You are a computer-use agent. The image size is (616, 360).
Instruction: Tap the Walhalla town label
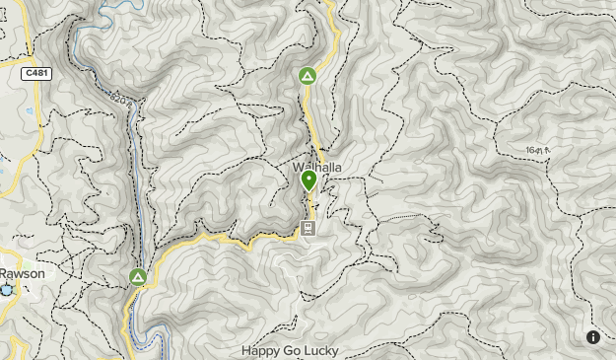[x=317, y=167]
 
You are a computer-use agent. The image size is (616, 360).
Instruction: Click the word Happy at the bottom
[x=261, y=350]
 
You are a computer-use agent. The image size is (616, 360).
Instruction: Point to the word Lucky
[x=320, y=350]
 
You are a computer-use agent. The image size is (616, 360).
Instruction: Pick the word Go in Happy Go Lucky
[x=290, y=350]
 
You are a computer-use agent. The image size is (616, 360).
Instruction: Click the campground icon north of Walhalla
[x=308, y=76]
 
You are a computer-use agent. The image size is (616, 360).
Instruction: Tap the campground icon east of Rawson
[x=138, y=277]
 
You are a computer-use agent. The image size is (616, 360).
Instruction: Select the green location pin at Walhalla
[x=308, y=180]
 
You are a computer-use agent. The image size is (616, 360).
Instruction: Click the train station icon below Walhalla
[x=308, y=229]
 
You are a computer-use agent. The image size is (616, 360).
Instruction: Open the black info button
[x=593, y=337]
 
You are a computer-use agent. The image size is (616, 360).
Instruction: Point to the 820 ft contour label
[x=121, y=100]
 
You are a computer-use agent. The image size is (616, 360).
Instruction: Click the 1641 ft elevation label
[x=534, y=150]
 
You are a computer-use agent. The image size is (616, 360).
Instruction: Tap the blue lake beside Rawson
[x=8, y=290]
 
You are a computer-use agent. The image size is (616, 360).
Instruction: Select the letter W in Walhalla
[x=298, y=167]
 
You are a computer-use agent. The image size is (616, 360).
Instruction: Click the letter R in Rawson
[x=3, y=273]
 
